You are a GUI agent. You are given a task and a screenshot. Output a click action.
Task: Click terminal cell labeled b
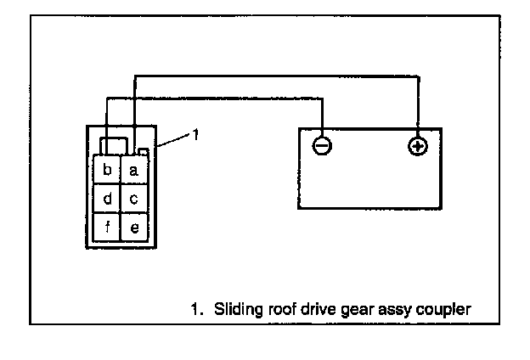click(107, 171)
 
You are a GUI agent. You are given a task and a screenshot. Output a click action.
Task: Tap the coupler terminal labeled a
click(134, 171)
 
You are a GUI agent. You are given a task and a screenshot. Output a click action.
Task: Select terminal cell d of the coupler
click(107, 199)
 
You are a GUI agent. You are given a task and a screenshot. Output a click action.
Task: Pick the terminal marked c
click(134, 199)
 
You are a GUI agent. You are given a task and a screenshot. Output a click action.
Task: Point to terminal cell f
click(107, 228)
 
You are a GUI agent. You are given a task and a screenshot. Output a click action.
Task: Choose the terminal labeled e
click(134, 228)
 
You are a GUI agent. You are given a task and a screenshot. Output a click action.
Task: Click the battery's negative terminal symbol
click(322, 146)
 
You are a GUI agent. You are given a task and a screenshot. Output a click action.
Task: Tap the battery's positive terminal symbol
click(417, 146)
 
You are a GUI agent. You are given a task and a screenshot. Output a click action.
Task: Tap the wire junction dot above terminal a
click(133, 98)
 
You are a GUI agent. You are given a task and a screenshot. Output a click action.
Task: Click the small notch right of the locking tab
click(144, 152)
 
